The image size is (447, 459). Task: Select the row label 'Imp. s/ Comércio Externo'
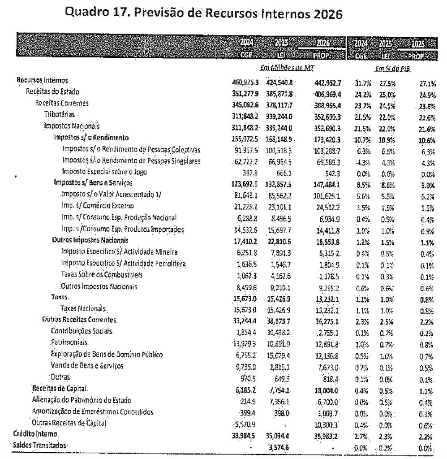pos(98,206)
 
